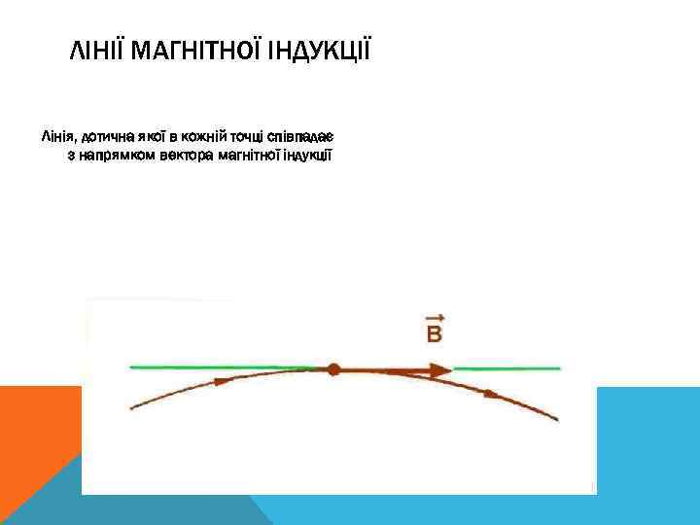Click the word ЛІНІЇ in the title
(x=97, y=50)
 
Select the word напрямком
(x=112, y=155)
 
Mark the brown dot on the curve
(x=333, y=369)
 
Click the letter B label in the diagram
(x=435, y=335)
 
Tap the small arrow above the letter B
(x=435, y=318)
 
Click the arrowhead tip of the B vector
(x=446, y=369)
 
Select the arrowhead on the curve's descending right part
(x=493, y=393)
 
